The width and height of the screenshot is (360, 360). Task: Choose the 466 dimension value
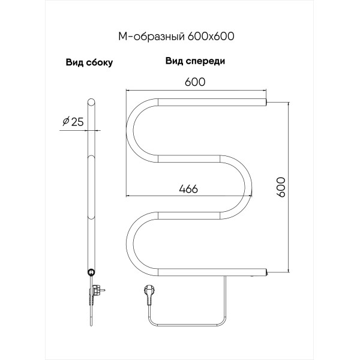(x=188, y=188)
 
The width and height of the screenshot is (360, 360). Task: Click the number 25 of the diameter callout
(x=77, y=122)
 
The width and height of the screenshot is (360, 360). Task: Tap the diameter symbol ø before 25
(x=65, y=122)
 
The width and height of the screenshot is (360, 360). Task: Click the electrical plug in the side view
(x=95, y=294)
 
